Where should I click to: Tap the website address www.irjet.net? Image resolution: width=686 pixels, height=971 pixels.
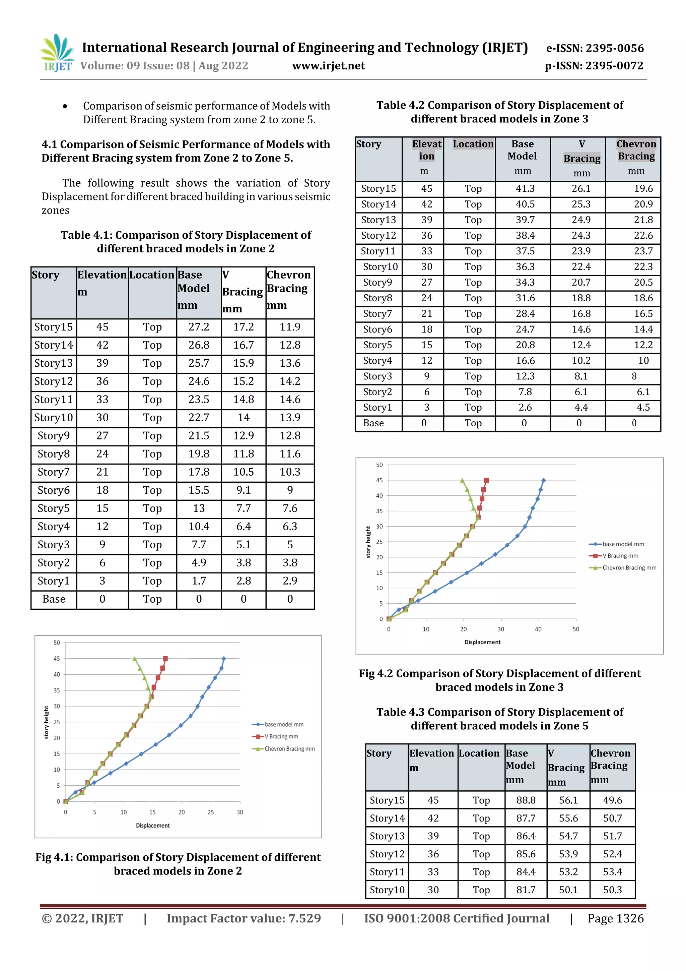coord(328,66)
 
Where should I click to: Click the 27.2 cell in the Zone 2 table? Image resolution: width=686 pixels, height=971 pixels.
coord(199,327)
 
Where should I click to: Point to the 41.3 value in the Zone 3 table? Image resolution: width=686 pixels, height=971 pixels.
coord(525,189)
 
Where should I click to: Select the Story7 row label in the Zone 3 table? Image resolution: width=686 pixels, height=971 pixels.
coord(378,314)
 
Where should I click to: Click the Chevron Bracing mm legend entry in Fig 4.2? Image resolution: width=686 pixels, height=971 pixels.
coord(629,567)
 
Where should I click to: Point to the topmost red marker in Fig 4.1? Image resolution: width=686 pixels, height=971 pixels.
coord(165,659)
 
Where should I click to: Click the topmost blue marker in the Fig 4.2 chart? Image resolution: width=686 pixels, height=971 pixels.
coord(544,480)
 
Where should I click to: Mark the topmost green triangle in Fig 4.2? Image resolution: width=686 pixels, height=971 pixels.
coord(462,480)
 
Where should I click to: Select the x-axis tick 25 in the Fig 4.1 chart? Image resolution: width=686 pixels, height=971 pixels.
coord(210,812)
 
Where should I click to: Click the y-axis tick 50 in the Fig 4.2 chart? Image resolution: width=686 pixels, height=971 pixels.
coord(379,465)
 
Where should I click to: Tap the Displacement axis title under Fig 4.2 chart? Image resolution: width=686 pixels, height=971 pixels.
coord(482,642)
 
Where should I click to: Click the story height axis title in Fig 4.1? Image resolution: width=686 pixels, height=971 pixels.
coord(47,722)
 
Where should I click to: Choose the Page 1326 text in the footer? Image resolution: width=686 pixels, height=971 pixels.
coord(615,919)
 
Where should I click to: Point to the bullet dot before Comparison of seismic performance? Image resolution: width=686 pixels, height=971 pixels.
coord(65,107)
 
